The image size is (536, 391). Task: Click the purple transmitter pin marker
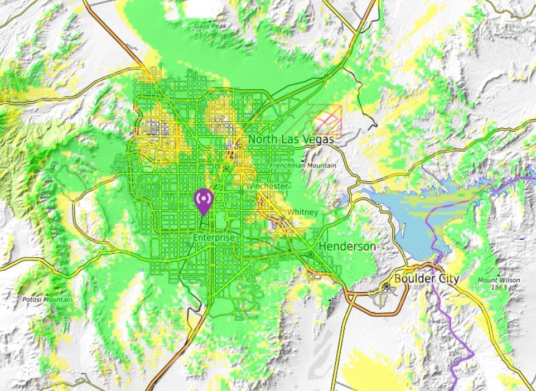tap(204, 201)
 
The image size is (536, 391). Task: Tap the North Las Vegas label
tap(291, 139)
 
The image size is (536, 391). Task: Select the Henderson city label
tap(347, 247)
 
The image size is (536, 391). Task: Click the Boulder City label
tap(426, 278)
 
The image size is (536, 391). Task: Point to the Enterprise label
tap(214, 238)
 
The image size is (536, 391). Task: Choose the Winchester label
tap(267, 186)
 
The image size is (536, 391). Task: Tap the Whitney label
tap(302, 213)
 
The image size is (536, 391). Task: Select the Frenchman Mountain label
tap(303, 166)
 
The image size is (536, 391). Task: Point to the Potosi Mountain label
tap(47, 300)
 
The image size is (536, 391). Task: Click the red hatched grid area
tap(327, 120)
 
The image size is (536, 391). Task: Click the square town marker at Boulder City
tap(385, 287)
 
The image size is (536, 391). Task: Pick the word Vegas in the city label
tap(316, 139)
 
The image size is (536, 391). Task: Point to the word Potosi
tap(32, 300)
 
